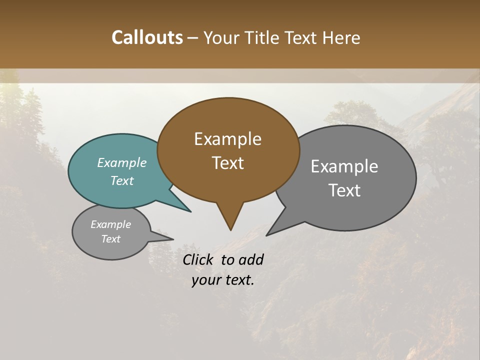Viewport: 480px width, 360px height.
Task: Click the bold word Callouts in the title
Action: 147,37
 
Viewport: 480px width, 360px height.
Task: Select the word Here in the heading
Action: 341,37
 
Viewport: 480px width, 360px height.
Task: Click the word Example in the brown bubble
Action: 227,139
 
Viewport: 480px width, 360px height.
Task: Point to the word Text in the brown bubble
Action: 227,163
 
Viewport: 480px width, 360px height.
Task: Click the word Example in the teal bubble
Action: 122,163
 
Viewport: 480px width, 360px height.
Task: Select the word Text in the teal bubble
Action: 122,180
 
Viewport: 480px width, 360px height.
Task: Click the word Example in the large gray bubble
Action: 344,166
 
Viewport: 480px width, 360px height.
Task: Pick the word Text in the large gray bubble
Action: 344,190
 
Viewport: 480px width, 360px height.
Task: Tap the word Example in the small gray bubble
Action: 110,224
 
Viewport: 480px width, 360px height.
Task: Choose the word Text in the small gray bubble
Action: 110,239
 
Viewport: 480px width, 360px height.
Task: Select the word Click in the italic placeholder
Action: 198,259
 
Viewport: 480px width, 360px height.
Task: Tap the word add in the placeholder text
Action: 251,259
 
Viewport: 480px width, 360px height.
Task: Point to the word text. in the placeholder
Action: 238,280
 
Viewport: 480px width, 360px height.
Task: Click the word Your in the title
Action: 220,37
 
